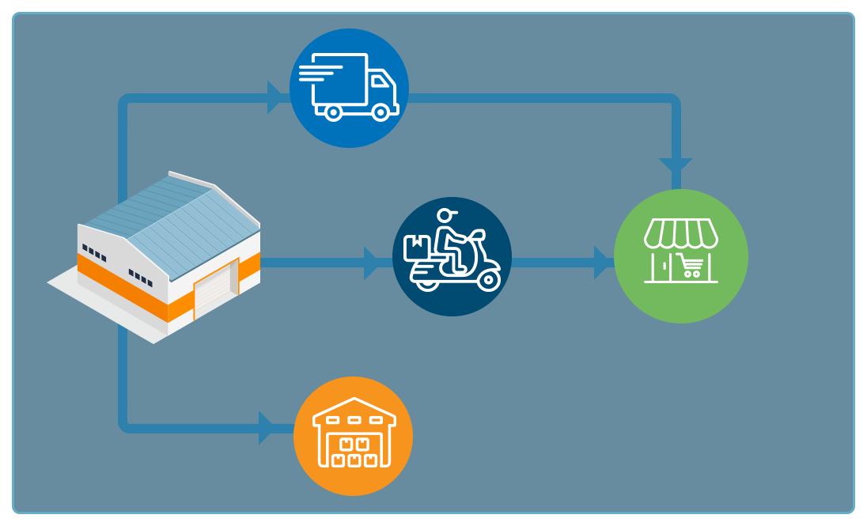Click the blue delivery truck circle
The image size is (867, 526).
(349, 88)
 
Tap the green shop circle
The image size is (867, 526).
(680, 255)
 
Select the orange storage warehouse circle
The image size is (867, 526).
(353, 436)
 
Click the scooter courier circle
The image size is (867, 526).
(452, 256)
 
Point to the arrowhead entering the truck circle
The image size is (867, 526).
(278, 97)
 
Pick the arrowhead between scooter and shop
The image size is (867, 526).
(603, 263)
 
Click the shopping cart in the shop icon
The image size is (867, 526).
(691, 265)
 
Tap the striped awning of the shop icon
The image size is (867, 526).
(680, 233)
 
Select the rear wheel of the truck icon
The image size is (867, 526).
(333, 112)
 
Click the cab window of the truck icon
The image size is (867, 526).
(380, 81)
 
